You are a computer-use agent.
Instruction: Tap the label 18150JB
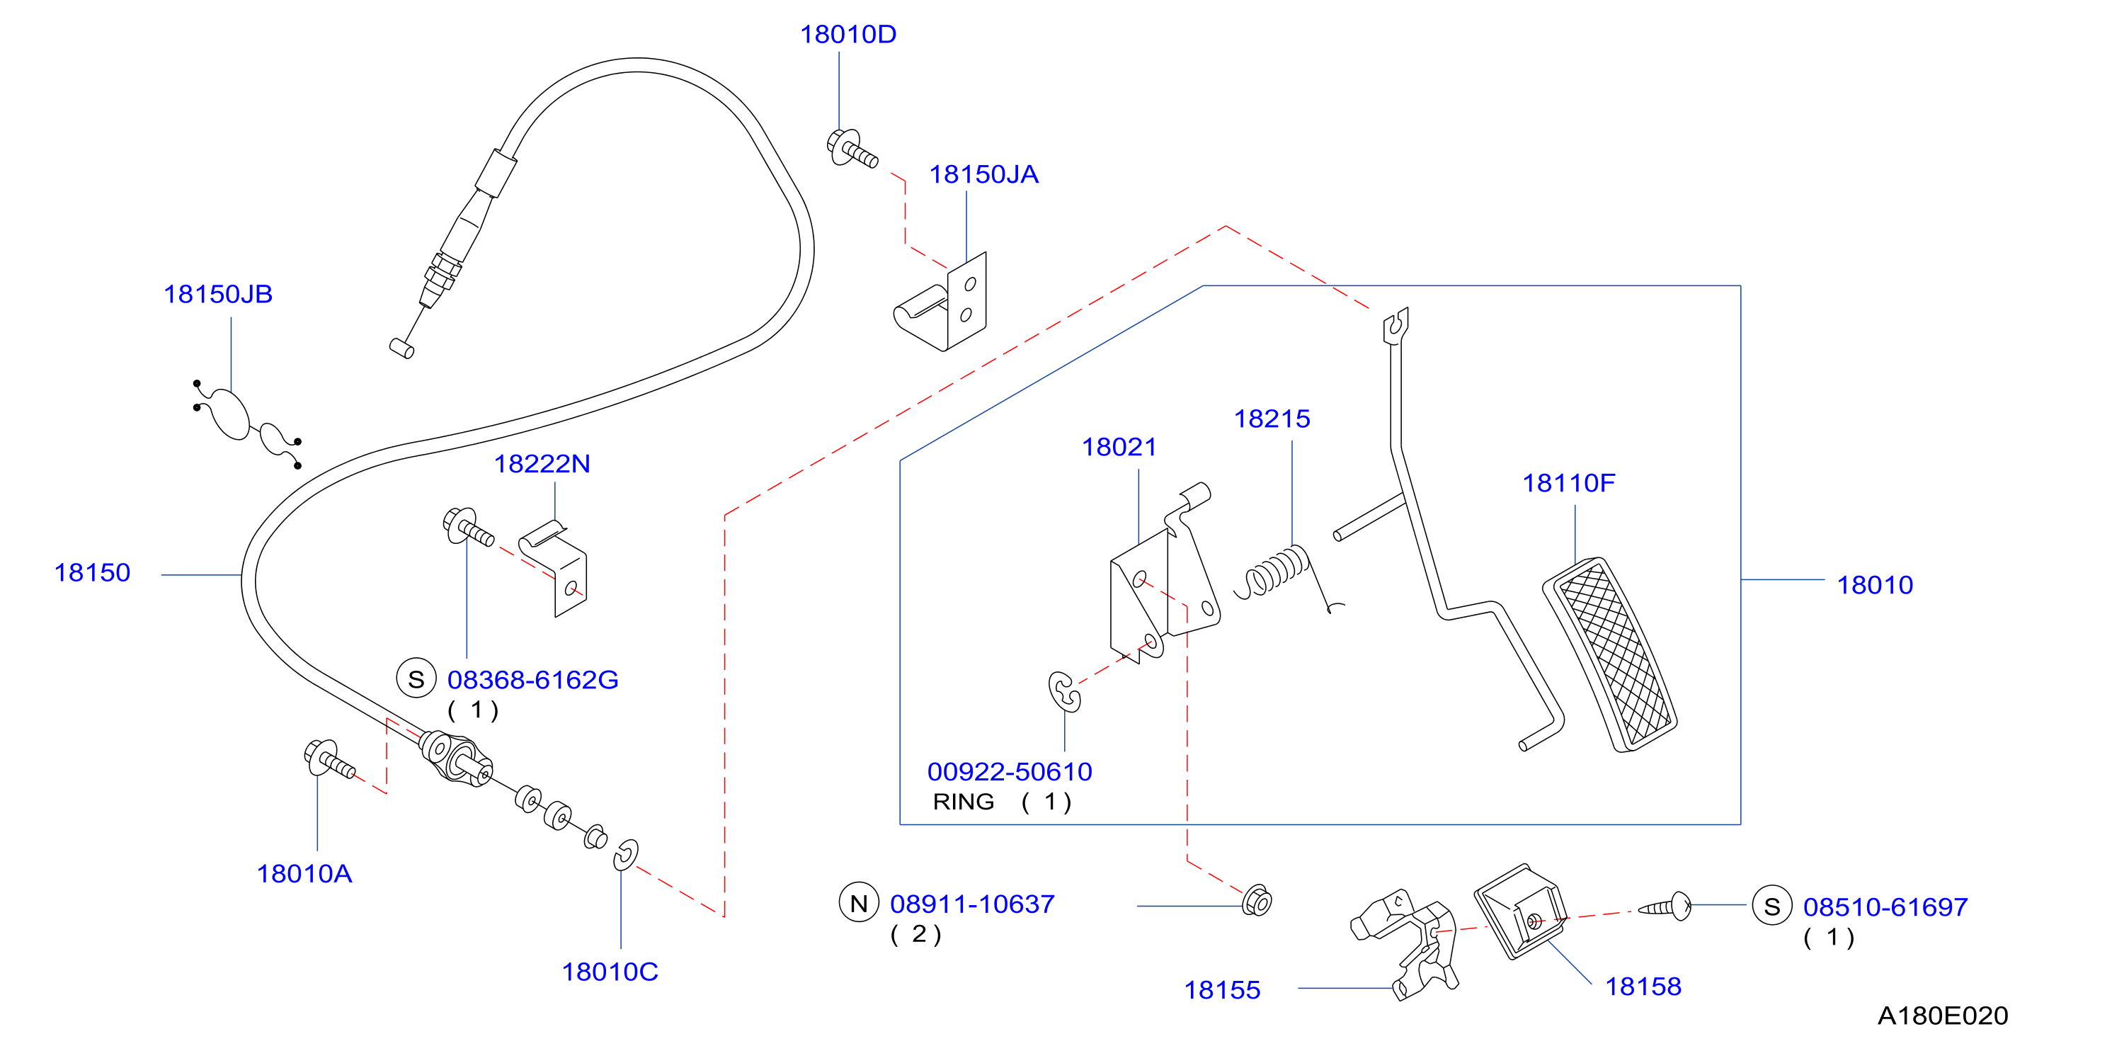point(218,295)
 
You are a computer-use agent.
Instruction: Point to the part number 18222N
point(542,464)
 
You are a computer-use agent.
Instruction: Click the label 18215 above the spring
point(1272,419)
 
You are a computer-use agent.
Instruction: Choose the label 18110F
point(1568,483)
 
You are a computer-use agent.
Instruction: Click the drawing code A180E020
point(1942,1016)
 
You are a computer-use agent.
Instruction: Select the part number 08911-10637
point(972,904)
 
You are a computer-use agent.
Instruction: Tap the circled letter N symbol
point(858,902)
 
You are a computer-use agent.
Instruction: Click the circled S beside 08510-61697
point(1771,906)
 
